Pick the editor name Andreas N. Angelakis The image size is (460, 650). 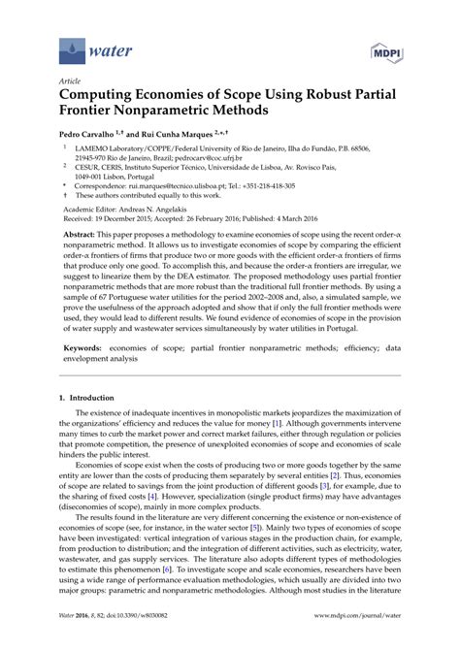(169, 211)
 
